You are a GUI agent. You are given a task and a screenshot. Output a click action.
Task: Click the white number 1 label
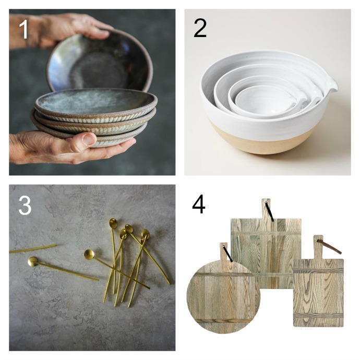[x=23, y=29]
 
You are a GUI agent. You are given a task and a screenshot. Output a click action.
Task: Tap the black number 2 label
[x=200, y=28]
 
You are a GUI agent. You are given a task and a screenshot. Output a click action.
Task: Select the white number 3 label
[x=25, y=206]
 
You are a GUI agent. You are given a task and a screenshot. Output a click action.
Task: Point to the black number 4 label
[x=199, y=204]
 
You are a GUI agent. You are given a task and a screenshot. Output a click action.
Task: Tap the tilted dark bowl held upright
[x=100, y=62]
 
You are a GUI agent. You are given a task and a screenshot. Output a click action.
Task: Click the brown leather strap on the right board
[x=329, y=246]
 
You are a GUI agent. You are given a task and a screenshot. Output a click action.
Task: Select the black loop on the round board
[x=228, y=254]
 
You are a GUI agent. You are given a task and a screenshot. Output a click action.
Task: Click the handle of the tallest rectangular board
[x=266, y=208]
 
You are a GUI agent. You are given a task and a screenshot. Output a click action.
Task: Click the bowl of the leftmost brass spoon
[x=33, y=261]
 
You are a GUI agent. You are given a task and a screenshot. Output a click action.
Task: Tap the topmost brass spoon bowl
[x=113, y=222]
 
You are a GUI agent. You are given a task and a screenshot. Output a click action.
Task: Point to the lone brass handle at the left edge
[x=33, y=249]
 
